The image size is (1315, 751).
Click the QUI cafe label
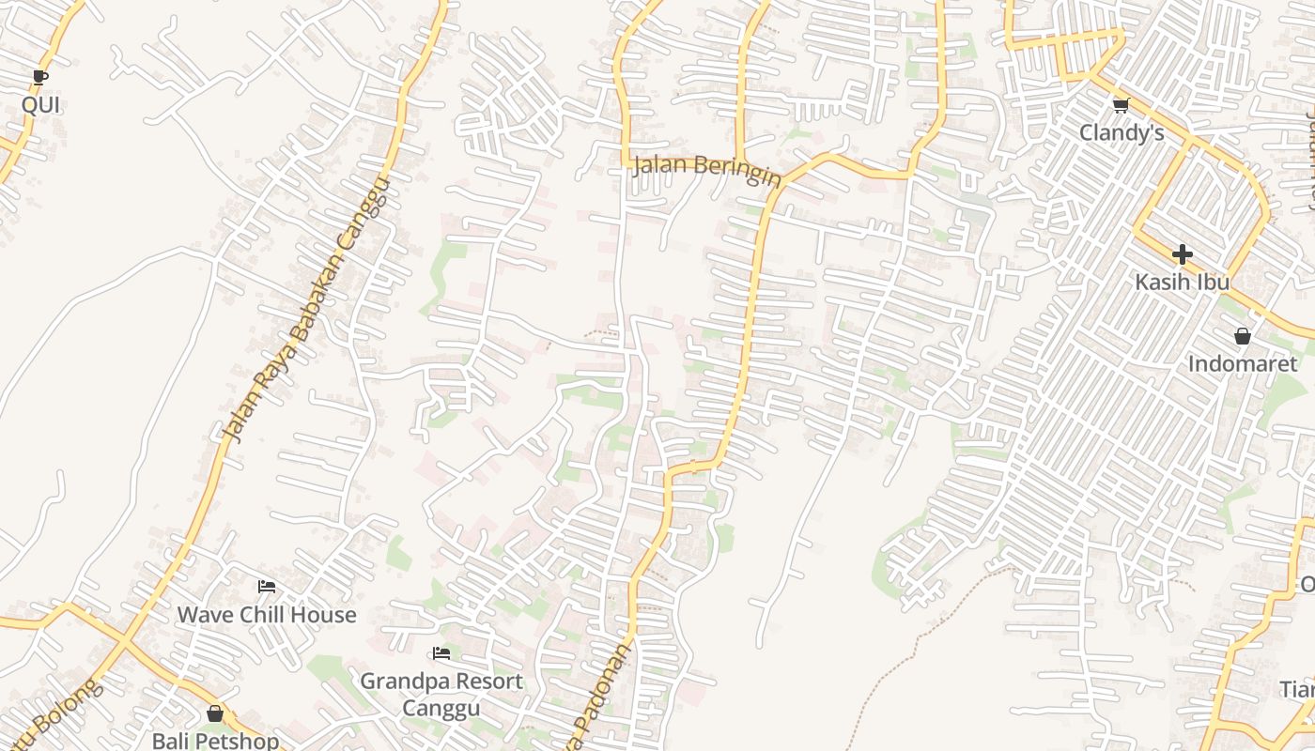point(40,104)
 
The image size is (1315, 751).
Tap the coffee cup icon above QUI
point(39,77)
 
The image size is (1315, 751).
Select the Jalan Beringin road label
point(707,169)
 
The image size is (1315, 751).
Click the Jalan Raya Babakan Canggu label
point(305,310)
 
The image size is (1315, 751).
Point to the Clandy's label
point(1122,132)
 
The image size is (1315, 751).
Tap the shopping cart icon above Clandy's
point(1121,105)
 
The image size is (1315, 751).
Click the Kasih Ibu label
point(1182,282)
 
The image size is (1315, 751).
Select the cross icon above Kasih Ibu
point(1182,254)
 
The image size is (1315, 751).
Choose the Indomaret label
point(1243,363)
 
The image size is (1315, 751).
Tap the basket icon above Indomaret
point(1243,336)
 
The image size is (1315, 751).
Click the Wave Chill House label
point(267,615)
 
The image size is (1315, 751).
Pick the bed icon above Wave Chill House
point(267,588)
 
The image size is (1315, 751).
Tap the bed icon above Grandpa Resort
point(441,653)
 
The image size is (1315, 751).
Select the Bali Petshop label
point(215,741)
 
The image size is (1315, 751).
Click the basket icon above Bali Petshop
point(215,714)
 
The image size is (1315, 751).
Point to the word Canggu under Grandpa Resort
point(441,707)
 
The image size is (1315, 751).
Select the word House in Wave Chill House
point(324,615)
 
